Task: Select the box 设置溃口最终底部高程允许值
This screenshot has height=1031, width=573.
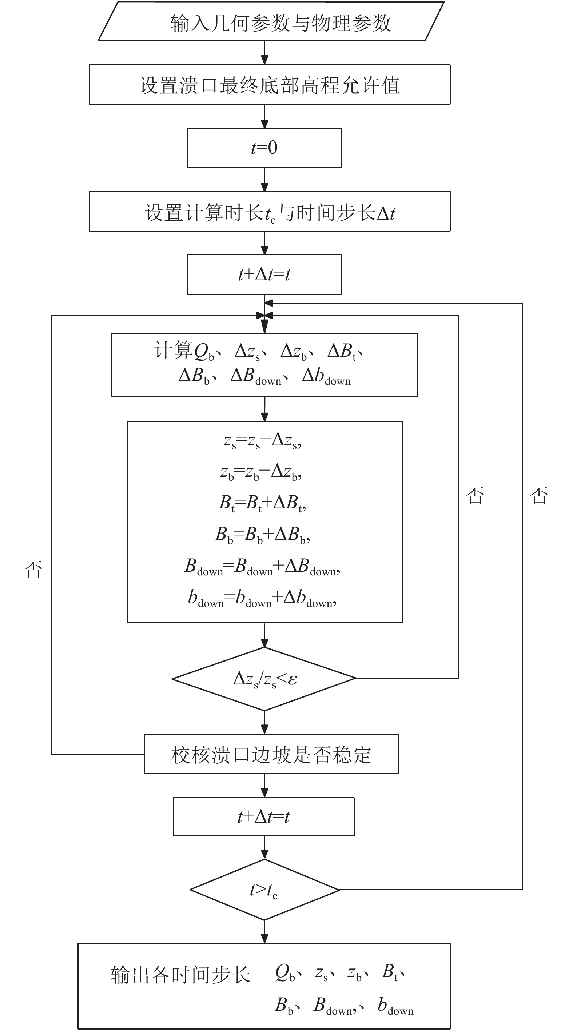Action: pos(270,85)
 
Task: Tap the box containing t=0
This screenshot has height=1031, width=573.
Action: pos(264,148)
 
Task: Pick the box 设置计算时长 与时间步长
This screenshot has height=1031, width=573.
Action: pos(270,211)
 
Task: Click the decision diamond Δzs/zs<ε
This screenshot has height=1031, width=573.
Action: pos(264,679)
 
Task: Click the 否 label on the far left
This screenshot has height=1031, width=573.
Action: pos(33,569)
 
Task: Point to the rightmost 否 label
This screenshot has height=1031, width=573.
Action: pos(538,495)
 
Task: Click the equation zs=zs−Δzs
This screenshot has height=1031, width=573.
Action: pos(262,441)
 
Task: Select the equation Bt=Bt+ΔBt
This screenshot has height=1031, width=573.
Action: pos(262,503)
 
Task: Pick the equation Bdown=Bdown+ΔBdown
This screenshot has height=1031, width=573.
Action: pos(262,567)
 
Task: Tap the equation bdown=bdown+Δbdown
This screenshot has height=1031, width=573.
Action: pos(262,598)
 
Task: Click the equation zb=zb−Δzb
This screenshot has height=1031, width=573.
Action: pos(261,472)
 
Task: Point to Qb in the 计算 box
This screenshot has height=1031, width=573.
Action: pos(204,351)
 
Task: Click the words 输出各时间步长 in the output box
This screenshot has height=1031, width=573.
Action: pos(180,975)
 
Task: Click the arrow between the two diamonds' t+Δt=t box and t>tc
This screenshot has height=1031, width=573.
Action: pos(264,848)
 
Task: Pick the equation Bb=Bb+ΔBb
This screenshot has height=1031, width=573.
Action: pos(262,535)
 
